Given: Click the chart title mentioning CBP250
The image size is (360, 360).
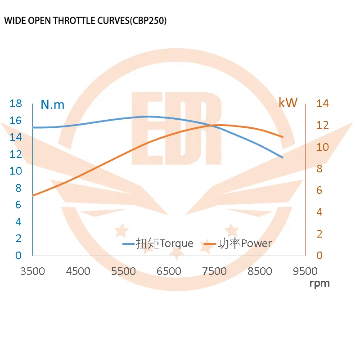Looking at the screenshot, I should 85,21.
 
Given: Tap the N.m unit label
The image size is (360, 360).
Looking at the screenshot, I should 53,105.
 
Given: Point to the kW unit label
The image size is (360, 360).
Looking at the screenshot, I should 288,103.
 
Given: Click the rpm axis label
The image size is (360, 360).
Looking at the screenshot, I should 319,283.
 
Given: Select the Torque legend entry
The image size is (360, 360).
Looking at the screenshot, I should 158,244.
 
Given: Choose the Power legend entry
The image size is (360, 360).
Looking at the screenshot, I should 238,244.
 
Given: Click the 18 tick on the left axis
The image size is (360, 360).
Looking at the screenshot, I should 16,103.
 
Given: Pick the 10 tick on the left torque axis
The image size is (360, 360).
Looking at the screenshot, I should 16,171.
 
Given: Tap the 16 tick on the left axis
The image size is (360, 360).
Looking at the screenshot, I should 16,121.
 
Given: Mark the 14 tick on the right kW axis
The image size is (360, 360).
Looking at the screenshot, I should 323,103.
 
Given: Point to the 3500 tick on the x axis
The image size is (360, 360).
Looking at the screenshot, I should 33,271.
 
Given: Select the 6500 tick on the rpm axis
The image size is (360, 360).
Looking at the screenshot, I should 169,271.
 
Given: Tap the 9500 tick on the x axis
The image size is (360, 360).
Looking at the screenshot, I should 305,271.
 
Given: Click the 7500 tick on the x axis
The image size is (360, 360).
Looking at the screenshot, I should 215,271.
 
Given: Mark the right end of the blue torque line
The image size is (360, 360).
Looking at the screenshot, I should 283,157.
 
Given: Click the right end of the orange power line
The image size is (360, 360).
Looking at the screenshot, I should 283,137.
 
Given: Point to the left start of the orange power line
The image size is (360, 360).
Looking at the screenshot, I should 33,196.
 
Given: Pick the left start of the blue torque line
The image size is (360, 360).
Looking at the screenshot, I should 33,128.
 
